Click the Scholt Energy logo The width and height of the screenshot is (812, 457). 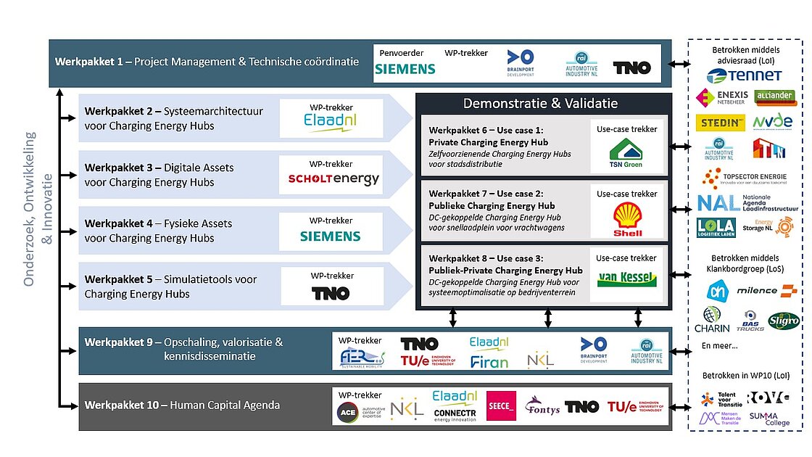click(333, 179)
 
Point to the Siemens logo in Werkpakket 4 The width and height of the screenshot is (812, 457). click(330, 236)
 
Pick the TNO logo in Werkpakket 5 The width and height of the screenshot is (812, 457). click(330, 293)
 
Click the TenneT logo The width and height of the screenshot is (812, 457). click(744, 75)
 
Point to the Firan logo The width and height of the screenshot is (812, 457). click(489, 361)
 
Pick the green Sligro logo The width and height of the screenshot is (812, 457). click(784, 320)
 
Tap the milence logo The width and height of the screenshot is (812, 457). click(766, 291)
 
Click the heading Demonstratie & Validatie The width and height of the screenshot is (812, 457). click(540, 104)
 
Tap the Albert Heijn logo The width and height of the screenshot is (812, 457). click(716, 290)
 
